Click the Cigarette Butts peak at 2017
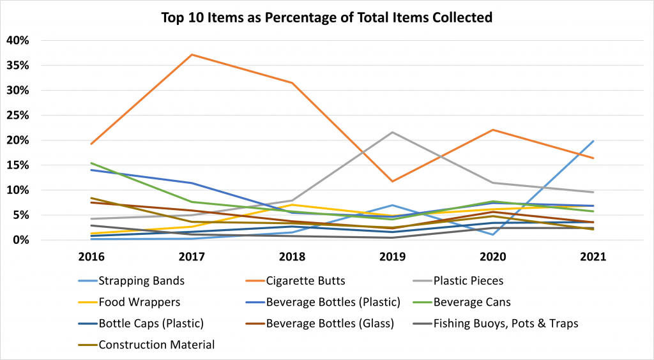click(193, 54)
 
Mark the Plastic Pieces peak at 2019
click(393, 132)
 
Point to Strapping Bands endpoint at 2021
click(593, 141)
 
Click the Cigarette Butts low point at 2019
click(393, 181)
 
